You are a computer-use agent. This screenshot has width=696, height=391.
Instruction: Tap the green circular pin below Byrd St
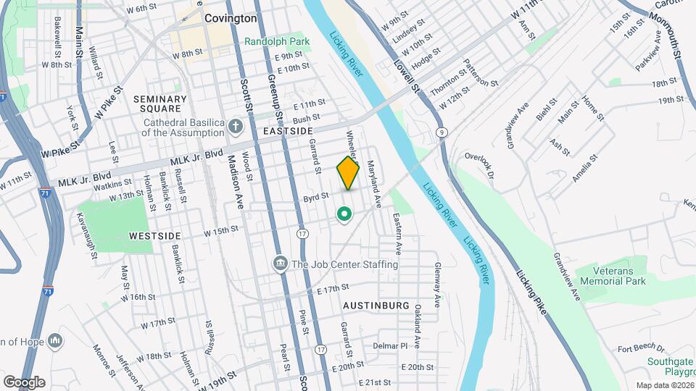click(344, 214)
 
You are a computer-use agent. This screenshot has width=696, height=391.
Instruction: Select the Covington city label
click(231, 18)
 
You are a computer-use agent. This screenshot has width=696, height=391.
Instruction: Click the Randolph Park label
click(277, 41)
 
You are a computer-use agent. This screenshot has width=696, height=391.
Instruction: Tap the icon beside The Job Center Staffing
click(280, 264)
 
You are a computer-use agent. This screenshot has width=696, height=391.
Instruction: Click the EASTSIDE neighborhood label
click(288, 131)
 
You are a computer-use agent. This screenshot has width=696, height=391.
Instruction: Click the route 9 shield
click(441, 132)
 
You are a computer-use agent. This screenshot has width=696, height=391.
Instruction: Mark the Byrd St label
click(316, 195)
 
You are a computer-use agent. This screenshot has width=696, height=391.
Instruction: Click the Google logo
click(24, 382)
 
